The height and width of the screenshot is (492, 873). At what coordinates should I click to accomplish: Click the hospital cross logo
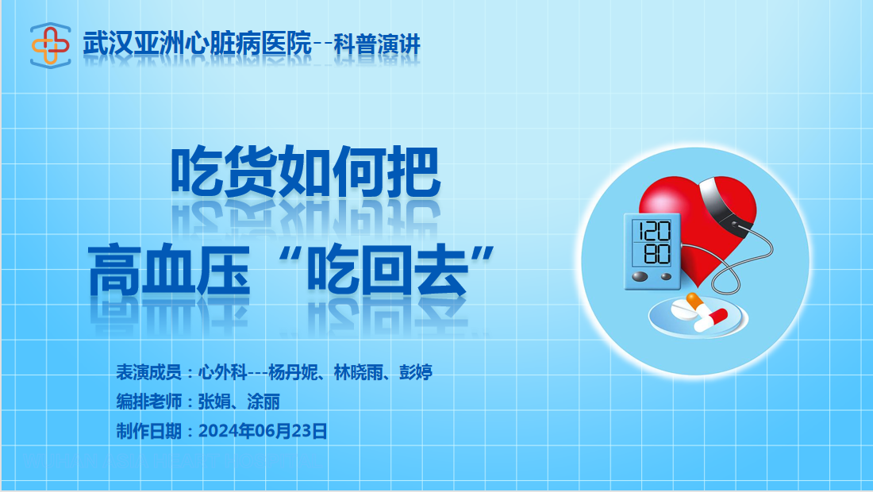click(50, 45)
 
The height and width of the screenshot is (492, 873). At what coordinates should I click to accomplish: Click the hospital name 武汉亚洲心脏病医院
click(197, 44)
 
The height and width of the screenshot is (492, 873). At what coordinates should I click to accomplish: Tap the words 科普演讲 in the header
click(377, 44)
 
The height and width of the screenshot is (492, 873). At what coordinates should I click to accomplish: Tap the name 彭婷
click(416, 372)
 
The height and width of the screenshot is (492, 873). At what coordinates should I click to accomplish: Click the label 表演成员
click(148, 372)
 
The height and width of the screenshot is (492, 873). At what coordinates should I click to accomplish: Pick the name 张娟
click(214, 402)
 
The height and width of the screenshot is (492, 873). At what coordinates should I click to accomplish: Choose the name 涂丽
click(263, 402)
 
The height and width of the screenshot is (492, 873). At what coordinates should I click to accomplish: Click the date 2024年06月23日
click(263, 431)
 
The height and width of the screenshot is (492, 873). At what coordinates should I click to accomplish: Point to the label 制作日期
click(148, 431)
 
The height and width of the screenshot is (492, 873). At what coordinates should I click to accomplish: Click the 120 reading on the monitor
click(654, 231)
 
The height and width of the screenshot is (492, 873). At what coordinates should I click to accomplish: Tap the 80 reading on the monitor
click(657, 254)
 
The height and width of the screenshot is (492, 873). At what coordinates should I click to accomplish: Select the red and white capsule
click(711, 320)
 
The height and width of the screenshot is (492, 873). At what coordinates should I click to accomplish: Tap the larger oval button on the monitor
click(640, 276)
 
